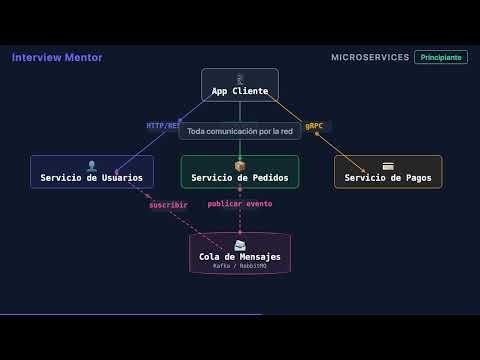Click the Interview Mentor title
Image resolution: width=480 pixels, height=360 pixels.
pyautogui.click(x=57, y=58)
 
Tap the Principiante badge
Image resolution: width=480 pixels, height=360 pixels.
pyautogui.click(x=441, y=58)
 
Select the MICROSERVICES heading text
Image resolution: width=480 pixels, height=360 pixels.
pyautogui.click(x=369, y=58)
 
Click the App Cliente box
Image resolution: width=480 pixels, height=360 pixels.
pyautogui.click(x=240, y=85)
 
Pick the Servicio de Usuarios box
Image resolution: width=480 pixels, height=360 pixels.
pyautogui.click(x=92, y=172)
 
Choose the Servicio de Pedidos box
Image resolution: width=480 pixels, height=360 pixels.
pyautogui.click(x=240, y=172)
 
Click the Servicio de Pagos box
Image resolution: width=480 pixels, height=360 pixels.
pyautogui.click(x=388, y=172)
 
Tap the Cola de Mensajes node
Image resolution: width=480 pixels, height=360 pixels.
pyautogui.click(x=240, y=253)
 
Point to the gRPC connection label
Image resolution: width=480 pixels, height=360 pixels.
pyautogui.click(x=314, y=126)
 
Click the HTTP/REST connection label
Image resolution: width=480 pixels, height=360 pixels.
pyautogui.click(x=163, y=126)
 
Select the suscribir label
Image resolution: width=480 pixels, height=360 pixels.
pyautogui.click(x=168, y=205)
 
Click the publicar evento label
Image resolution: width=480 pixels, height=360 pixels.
pyautogui.click(x=240, y=204)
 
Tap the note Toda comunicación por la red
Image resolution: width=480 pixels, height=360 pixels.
pyautogui.click(x=240, y=131)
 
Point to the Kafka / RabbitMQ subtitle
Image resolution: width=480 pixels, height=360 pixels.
pyautogui.click(x=240, y=266)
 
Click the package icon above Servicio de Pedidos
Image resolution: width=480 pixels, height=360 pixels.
pyautogui.click(x=240, y=166)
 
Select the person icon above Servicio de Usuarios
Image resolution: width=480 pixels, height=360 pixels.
pyautogui.click(x=92, y=166)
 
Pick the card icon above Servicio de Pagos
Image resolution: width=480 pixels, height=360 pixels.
pyautogui.click(x=388, y=166)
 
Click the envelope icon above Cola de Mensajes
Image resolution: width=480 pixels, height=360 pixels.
pyautogui.click(x=240, y=245)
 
